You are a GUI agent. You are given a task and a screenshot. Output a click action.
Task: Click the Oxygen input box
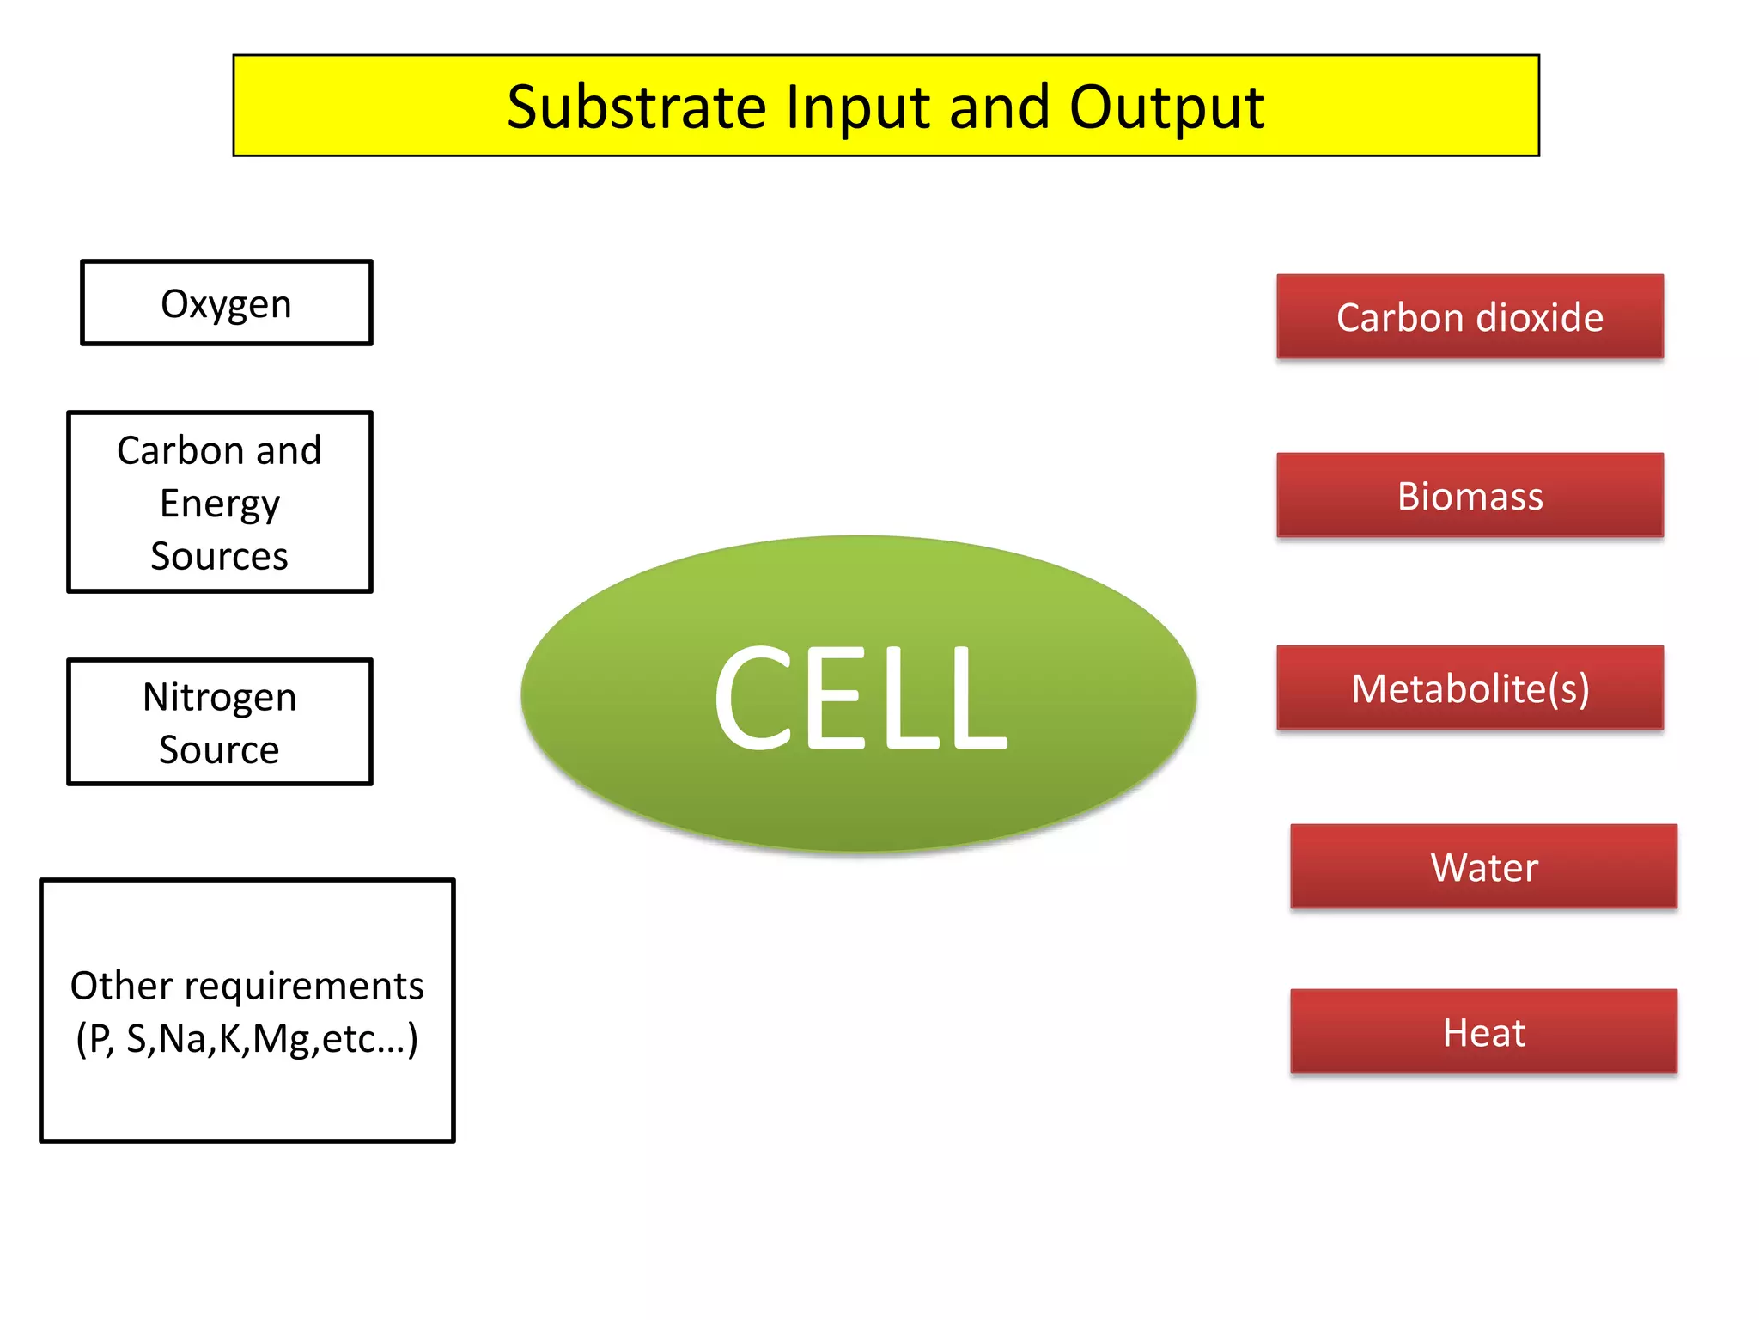pyautogui.click(x=226, y=303)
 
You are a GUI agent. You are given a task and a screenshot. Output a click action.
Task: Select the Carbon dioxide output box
pyautogui.click(x=1470, y=317)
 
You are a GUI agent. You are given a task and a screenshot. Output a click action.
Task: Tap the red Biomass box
pyautogui.click(x=1470, y=496)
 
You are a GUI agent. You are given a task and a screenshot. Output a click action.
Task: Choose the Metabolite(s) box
pyautogui.click(x=1470, y=688)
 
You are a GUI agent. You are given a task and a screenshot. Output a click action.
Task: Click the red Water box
pyautogui.click(x=1483, y=867)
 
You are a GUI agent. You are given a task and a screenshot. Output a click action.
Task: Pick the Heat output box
pyautogui.click(x=1483, y=1032)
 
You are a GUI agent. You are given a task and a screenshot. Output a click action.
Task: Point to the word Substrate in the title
pyautogui.click(x=636, y=107)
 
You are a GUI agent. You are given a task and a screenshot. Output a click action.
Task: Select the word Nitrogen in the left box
pyautogui.click(x=219, y=697)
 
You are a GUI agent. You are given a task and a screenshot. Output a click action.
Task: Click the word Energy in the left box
pyautogui.click(x=219, y=504)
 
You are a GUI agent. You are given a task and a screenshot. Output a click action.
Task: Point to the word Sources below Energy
pyautogui.click(x=219, y=557)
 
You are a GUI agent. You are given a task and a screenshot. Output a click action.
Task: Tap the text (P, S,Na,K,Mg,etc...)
pyautogui.click(x=247, y=1039)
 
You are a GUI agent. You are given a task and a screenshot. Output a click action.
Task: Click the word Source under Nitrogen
pyautogui.click(x=219, y=750)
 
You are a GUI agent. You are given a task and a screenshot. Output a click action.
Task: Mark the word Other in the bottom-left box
pyautogui.click(x=110, y=986)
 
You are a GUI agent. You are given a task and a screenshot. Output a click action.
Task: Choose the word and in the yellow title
pyautogui.click(x=999, y=107)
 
